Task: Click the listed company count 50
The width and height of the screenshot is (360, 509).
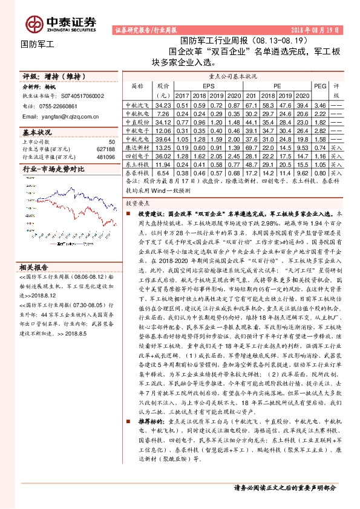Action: [111, 141]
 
